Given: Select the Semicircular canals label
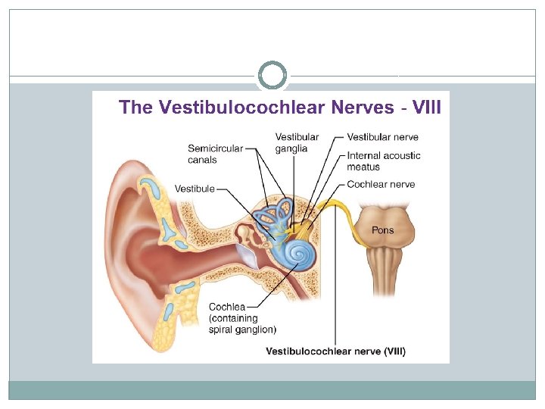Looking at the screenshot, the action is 216,154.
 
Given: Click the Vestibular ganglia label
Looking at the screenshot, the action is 297,142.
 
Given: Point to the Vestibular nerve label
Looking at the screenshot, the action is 382,137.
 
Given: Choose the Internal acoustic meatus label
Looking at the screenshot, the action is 384,161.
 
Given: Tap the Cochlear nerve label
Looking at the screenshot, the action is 381,184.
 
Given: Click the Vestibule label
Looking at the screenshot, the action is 195,188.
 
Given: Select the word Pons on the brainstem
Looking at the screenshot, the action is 382,229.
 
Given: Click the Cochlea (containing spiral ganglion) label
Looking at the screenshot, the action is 242,318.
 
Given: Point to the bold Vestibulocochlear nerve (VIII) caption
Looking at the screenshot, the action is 335,351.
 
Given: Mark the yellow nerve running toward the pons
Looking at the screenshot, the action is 344,212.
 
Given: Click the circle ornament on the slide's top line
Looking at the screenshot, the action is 272,76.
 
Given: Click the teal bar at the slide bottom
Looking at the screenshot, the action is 272,390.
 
